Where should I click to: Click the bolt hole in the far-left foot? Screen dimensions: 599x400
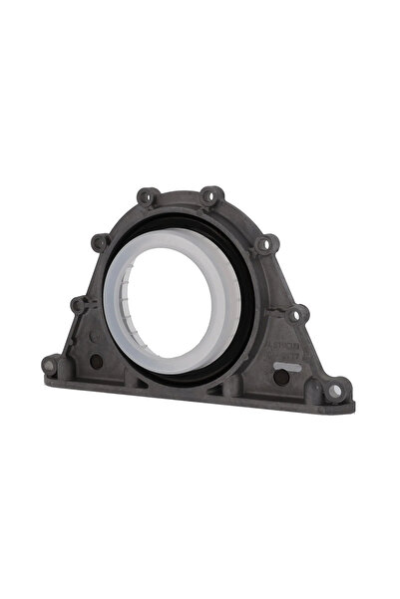click(x=50, y=367)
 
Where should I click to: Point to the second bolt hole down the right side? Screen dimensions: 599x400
click(x=263, y=243)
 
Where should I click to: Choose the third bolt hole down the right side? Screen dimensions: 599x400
click(x=292, y=315)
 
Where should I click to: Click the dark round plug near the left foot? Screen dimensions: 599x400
click(x=95, y=362)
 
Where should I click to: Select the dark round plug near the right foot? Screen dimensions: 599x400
click(x=281, y=378)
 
